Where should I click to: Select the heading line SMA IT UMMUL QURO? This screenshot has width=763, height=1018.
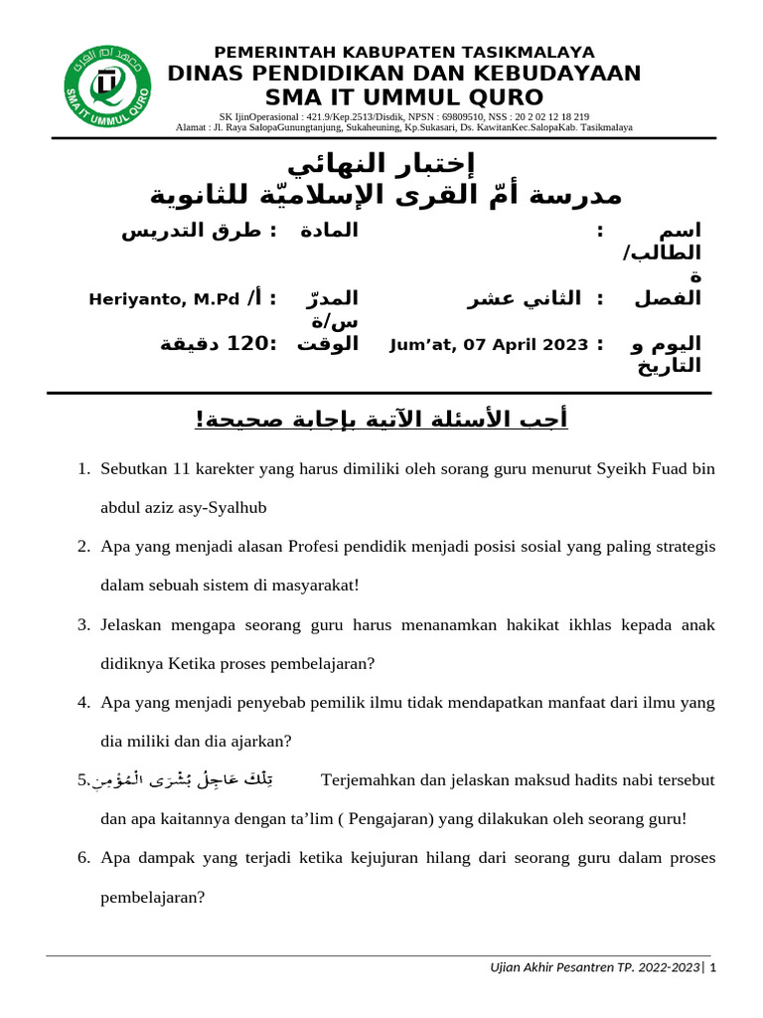point(404,97)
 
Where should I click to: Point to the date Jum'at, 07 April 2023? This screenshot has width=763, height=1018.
point(489,345)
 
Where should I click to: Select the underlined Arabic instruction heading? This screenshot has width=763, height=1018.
point(381,421)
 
